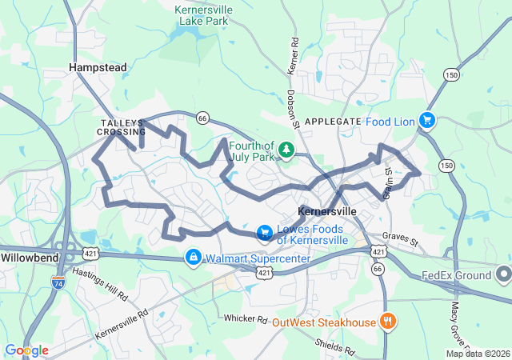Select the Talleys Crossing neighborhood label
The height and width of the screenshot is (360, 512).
(123, 126)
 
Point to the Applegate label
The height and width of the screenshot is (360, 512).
(333, 121)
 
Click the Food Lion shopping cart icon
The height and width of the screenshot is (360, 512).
(428, 121)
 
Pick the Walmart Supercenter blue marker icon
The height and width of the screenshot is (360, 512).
(192, 258)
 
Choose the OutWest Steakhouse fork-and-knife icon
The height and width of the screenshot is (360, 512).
(388, 322)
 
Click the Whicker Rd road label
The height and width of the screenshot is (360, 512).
(246, 319)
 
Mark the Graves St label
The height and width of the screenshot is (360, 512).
(400, 238)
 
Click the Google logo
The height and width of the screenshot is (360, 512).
(26, 350)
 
